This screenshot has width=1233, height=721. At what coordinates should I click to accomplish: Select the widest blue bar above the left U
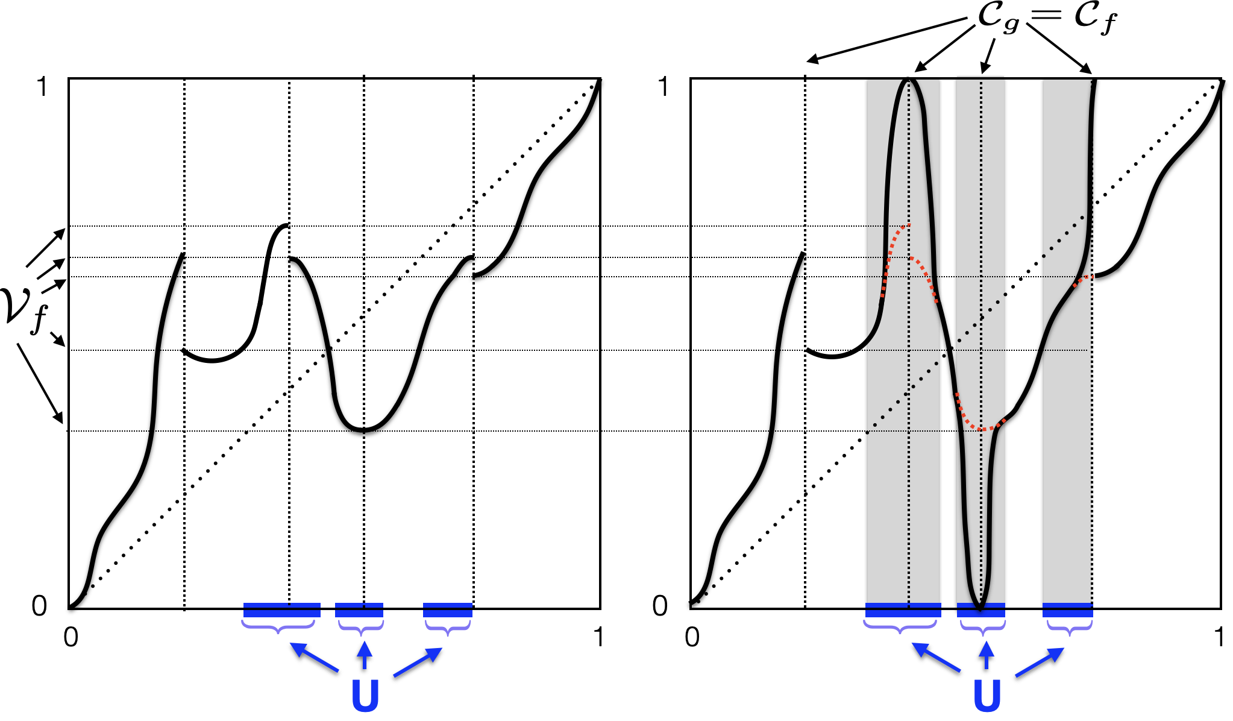coord(281,610)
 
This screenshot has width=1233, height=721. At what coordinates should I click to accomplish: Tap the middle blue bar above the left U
coord(359,610)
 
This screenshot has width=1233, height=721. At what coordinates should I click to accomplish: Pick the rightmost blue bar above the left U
coord(448,610)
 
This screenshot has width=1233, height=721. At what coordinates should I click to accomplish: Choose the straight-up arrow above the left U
coord(364,654)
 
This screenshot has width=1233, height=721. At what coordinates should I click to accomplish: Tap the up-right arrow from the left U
coord(418,662)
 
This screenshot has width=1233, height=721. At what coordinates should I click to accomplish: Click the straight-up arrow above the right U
coord(986,654)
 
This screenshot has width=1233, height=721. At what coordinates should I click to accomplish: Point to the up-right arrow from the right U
coord(1040,662)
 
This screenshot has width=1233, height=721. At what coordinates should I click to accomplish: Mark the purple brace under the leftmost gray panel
coord(900,627)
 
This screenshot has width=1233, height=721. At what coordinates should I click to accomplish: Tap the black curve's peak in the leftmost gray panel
coord(909,80)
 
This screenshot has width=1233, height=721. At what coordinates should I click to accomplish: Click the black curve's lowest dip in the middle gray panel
coord(980,608)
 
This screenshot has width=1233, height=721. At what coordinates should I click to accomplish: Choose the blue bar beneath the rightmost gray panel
coord(1067,610)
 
